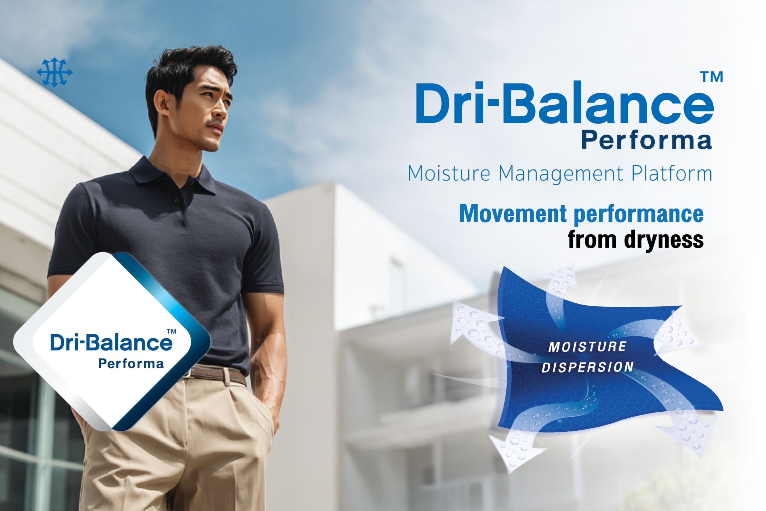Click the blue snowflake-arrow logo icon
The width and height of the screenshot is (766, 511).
tap(55, 72)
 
